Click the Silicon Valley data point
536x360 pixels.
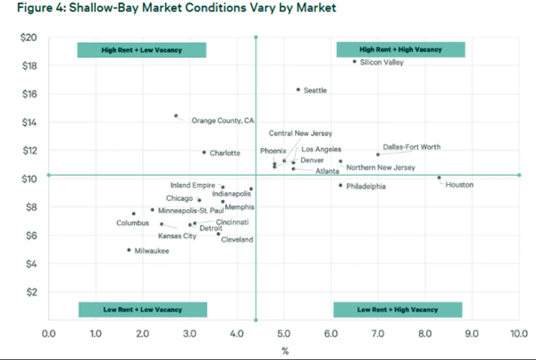[x=355, y=62]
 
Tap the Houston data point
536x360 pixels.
[x=439, y=178]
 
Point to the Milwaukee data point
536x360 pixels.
[x=129, y=250]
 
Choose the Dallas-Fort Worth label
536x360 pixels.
[x=411, y=147]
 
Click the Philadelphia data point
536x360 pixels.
[x=340, y=185]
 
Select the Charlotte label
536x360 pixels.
[x=225, y=153]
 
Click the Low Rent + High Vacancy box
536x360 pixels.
[x=398, y=309]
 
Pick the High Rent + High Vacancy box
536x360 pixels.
[x=399, y=50]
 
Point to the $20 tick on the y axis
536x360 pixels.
[x=28, y=38]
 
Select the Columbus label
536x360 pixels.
[x=131, y=222]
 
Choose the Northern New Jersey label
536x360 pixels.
[x=381, y=168]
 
